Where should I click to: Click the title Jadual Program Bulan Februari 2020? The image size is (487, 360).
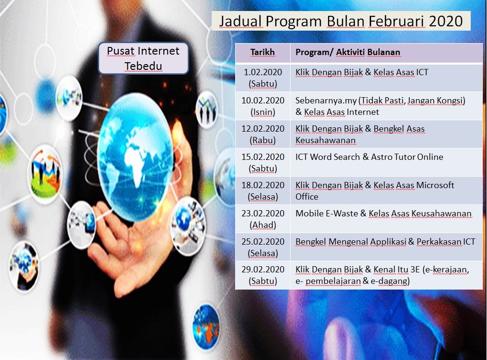pos(341,21)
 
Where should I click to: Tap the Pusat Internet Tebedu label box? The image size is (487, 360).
pos(143,58)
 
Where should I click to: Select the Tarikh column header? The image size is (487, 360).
pos(262,52)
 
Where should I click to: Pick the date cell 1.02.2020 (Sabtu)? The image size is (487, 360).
pos(263,78)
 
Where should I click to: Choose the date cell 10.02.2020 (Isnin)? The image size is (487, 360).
pos(263,106)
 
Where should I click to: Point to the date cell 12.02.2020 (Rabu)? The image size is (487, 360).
pos(263,134)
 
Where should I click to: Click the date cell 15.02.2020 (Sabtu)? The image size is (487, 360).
pos(263,162)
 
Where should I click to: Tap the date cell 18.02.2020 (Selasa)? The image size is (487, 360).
pos(263,191)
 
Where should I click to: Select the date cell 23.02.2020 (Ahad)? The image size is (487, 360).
pos(263,219)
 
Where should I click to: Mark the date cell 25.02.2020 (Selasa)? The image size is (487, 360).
pos(263,247)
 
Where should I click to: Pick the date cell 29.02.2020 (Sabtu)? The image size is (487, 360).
pos(263,275)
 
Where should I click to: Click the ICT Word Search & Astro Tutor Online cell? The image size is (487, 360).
pos(386,162)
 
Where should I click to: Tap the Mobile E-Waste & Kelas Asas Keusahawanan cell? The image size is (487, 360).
pos(386,219)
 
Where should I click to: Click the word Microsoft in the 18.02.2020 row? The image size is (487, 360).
pos(435,185)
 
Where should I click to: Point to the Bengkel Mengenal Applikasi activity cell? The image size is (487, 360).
pos(386,247)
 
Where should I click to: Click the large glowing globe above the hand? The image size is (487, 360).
pos(136,157)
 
